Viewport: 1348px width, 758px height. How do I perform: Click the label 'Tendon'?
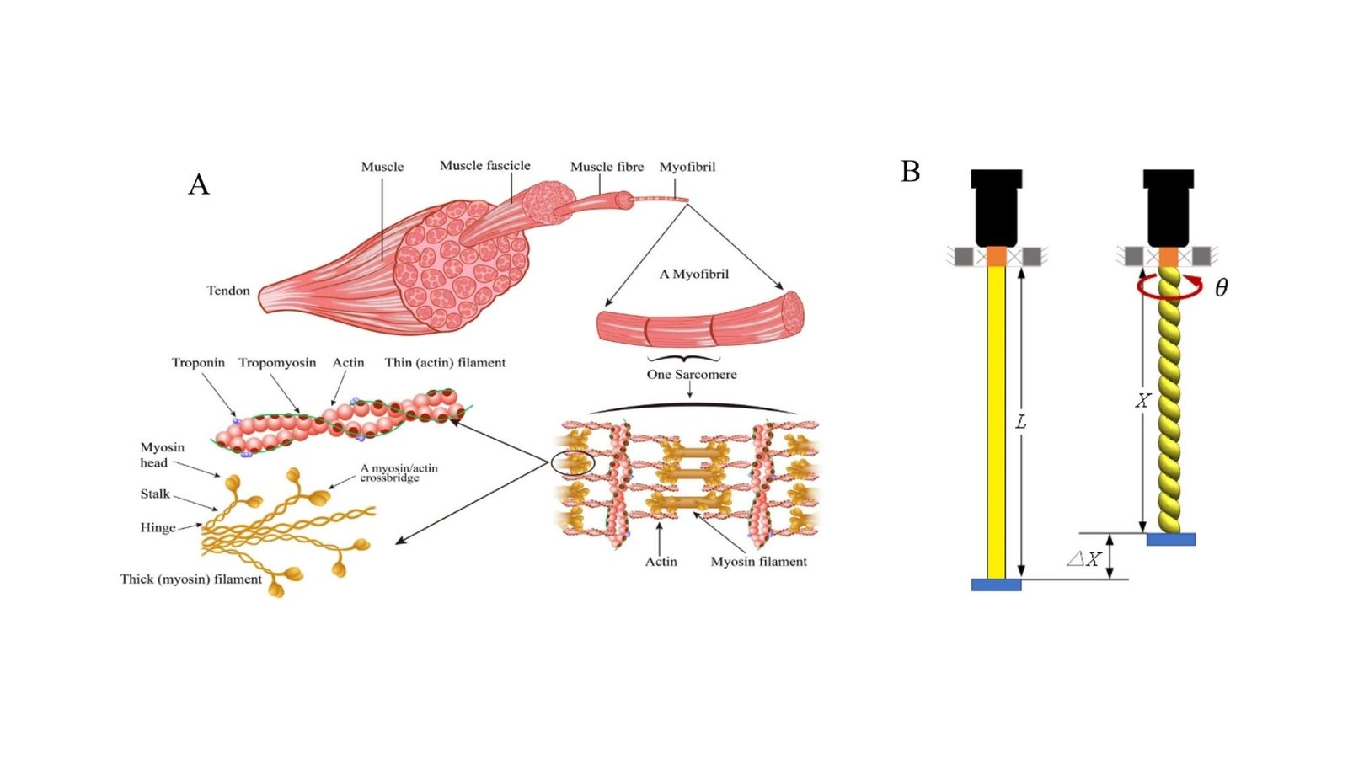pos(228,291)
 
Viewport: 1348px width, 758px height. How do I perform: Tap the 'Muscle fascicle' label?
pos(484,166)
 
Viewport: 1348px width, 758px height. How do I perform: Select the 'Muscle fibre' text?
pos(607,167)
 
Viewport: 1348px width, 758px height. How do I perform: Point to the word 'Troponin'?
pos(198,363)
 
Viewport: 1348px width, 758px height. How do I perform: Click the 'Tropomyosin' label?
pos(277,363)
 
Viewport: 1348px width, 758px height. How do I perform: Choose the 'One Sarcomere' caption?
pos(692,375)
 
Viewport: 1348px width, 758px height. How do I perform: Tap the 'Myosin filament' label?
pos(758,562)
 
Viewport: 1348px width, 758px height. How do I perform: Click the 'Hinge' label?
pos(158,528)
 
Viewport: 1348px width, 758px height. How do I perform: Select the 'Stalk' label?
pos(155,494)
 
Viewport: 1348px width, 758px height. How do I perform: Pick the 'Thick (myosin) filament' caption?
pos(191,579)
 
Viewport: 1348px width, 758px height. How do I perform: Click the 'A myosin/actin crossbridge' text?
pos(399,473)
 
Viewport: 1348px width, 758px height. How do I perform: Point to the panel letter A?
pos(198,184)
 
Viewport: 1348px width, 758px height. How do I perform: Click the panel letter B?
pos(910,172)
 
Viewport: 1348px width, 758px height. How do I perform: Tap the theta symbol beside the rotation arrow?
pos(1221,288)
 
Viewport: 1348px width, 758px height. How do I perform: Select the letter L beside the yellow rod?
pos(1021,422)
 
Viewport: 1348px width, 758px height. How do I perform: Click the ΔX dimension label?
pos(1083,558)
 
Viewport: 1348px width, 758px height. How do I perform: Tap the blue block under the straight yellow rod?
pos(996,585)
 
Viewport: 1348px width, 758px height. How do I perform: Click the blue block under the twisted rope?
pos(1170,539)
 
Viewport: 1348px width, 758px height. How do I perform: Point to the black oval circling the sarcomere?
pos(573,462)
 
